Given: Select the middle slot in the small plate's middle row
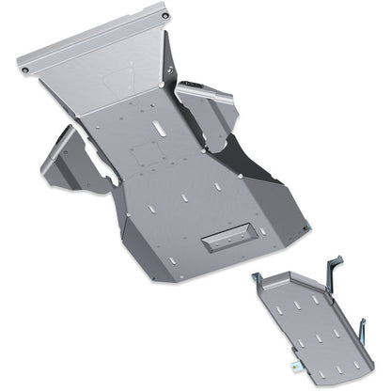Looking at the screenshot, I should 316,323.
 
